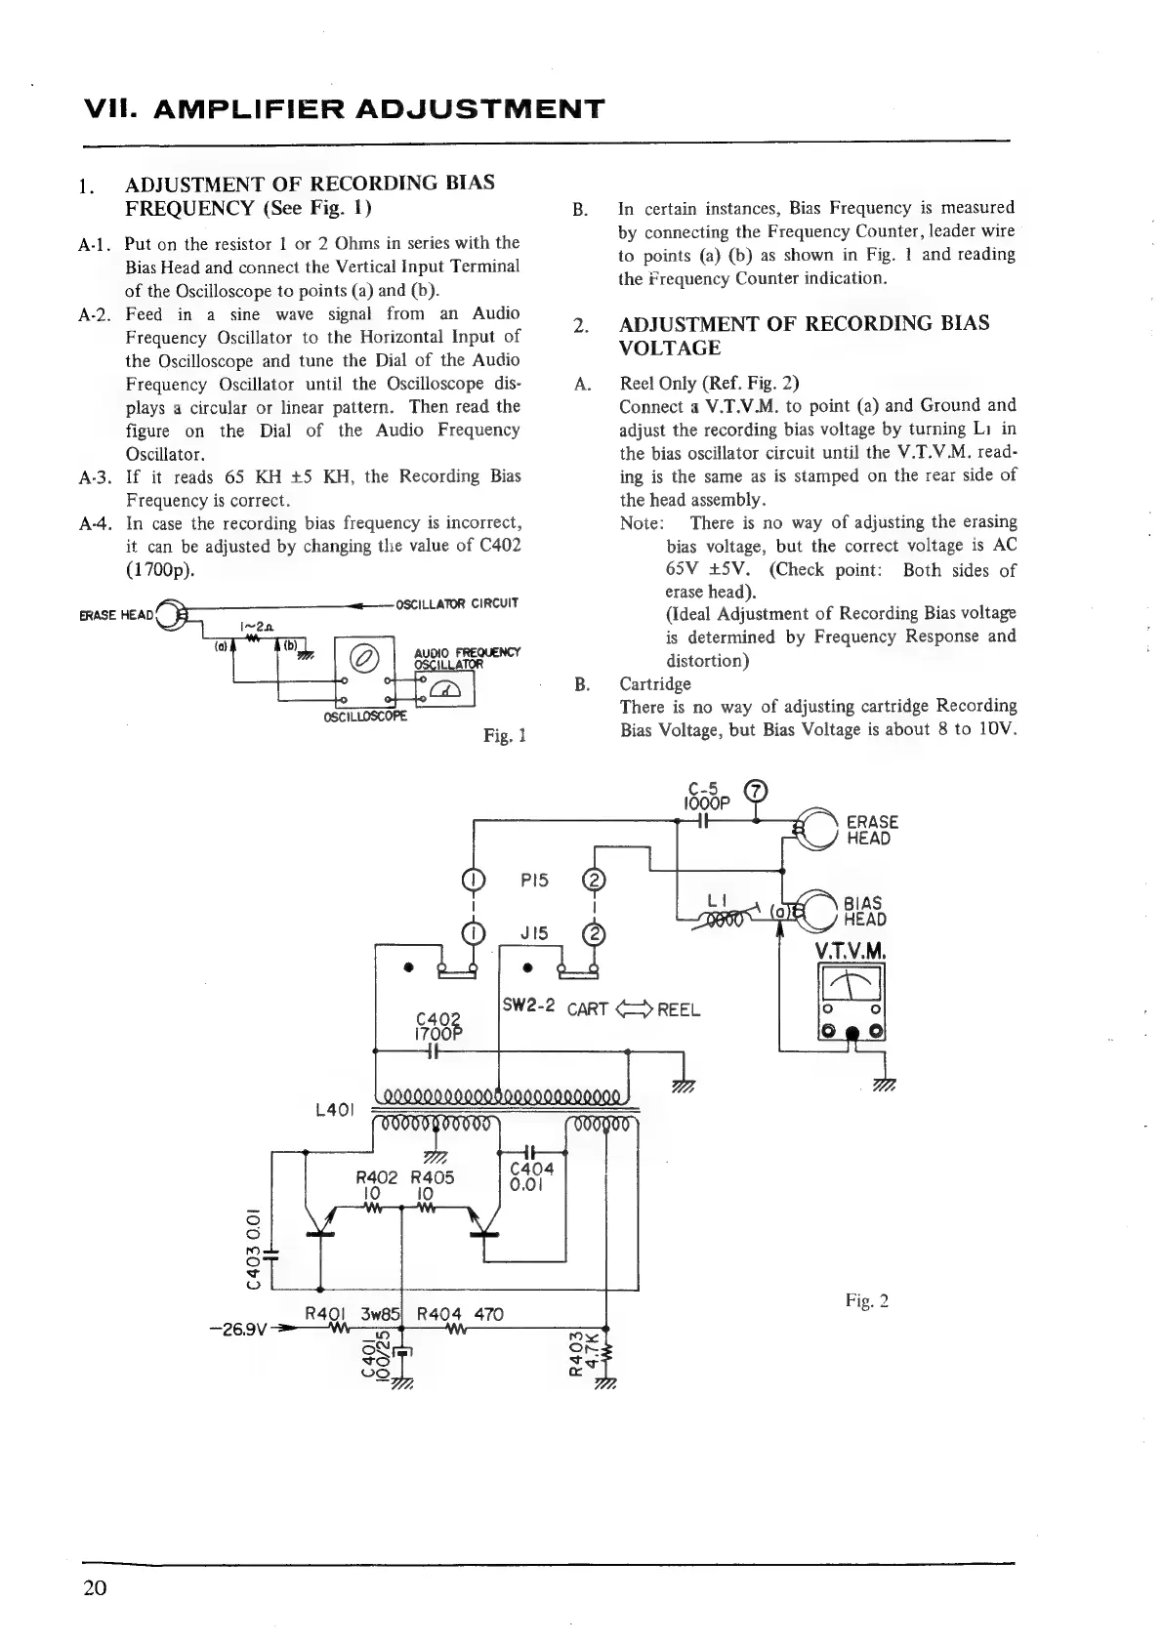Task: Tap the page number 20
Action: (95, 1587)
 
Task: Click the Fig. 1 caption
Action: (505, 734)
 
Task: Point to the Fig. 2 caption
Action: (866, 1300)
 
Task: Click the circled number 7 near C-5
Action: (757, 792)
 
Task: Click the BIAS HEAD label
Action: (864, 911)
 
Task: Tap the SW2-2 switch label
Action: (527, 1006)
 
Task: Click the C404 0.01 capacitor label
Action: (532, 1176)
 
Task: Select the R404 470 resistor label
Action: (459, 1314)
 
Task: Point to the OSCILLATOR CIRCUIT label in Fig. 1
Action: (456, 602)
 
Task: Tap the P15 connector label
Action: (534, 880)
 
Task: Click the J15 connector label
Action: (534, 933)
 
